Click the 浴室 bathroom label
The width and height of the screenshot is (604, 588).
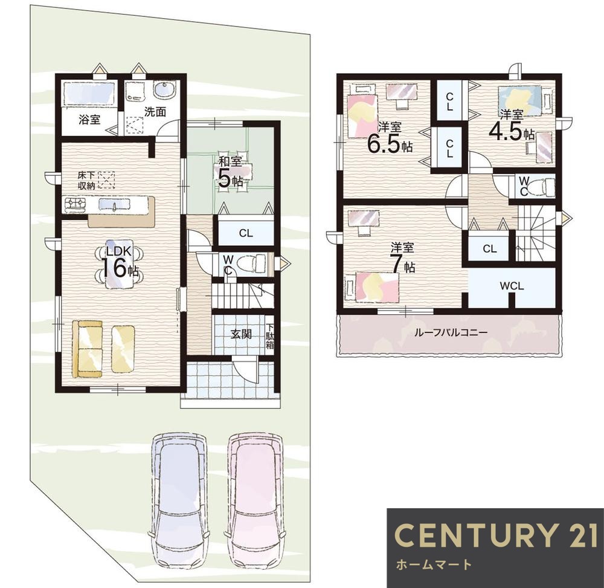[x=90, y=120]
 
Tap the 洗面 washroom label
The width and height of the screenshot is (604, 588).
[x=155, y=112]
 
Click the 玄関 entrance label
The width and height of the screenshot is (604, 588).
[x=241, y=334]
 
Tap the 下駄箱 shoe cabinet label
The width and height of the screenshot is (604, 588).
[x=270, y=334]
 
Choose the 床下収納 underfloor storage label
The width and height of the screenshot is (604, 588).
[x=86, y=180]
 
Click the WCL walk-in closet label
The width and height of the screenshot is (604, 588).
[x=512, y=286]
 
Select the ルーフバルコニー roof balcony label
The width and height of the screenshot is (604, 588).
[x=451, y=332]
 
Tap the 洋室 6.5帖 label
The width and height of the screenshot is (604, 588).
[x=390, y=138]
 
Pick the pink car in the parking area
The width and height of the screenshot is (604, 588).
[x=257, y=502]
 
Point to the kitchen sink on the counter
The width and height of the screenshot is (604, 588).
[x=114, y=205]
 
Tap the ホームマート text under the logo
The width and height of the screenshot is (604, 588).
[x=434, y=565]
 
